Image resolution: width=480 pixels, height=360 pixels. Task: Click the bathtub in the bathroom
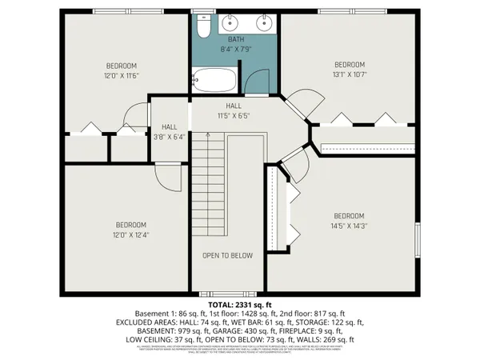pos(214,81)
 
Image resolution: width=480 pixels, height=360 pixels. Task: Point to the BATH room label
pos(235,38)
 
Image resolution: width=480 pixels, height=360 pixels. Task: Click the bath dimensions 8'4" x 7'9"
pos(235,48)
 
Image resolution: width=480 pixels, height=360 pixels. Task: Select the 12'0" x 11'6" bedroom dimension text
pos(122,74)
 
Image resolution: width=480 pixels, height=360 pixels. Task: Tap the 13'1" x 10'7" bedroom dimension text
pos(349,74)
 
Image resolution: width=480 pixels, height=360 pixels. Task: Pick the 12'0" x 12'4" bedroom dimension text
pos(122,234)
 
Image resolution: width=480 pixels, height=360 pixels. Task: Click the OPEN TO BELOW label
pos(227,256)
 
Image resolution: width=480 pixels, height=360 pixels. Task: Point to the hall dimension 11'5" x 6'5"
pos(234,115)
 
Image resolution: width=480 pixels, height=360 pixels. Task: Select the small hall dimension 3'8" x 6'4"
pos(169,137)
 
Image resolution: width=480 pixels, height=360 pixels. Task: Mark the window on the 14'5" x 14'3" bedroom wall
pos(417,239)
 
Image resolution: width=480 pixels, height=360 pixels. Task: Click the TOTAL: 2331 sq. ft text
pos(240,305)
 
